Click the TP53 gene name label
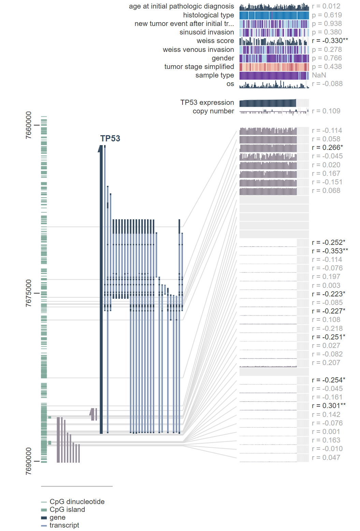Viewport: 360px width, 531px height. pyautogui.click(x=110, y=138)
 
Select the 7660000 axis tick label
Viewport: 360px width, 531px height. pyautogui.click(x=29, y=125)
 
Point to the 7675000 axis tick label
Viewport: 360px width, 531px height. pyautogui.click(x=29, y=293)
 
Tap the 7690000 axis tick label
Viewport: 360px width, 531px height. pyautogui.click(x=29, y=461)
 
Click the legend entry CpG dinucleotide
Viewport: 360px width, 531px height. pyautogui.click(x=77, y=502)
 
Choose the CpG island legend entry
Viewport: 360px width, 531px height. pyautogui.click(x=67, y=509)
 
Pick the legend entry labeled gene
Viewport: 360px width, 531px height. pyautogui.click(x=57, y=517)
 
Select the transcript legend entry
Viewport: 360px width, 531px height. pyautogui.click(x=64, y=525)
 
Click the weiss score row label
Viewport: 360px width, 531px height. pyautogui.click(x=215, y=41)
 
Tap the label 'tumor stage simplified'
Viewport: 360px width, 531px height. pyautogui.click(x=199, y=67)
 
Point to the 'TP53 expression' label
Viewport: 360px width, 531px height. pyautogui.click(x=207, y=102)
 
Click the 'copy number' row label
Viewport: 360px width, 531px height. pyautogui.click(x=213, y=111)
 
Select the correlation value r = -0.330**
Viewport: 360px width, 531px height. pyautogui.click(x=330, y=41)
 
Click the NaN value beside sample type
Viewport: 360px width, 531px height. pyautogui.click(x=319, y=75)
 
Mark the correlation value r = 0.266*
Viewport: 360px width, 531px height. pyautogui.click(x=327, y=148)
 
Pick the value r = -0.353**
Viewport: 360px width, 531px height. pyautogui.click(x=330, y=251)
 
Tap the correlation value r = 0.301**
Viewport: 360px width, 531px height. pyautogui.click(x=329, y=406)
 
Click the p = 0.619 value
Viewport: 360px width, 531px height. pyautogui.click(x=327, y=15)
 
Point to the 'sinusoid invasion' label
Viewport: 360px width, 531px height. pyautogui.click(x=206, y=32)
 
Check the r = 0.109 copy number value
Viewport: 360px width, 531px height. pyautogui.click(x=326, y=111)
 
